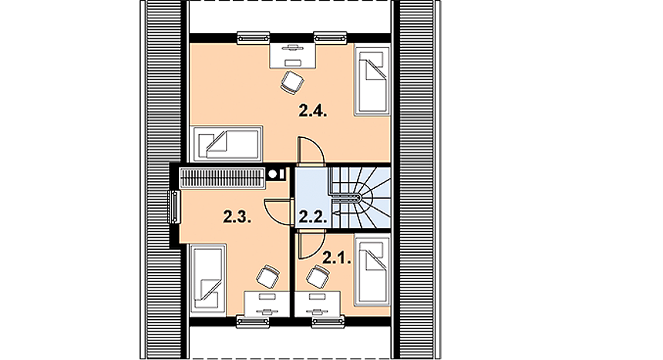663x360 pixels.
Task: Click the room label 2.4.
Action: [313, 112]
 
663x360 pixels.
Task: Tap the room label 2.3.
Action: [237, 217]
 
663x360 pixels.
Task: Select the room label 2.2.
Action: [313, 217]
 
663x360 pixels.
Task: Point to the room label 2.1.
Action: [337, 257]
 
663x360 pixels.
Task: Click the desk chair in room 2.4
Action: [291, 82]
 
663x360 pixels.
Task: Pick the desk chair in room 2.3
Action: [268, 277]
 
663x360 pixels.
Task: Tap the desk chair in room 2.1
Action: [318, 277]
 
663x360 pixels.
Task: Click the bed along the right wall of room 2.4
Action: [372, 80]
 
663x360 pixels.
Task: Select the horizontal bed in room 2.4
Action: [226, 143]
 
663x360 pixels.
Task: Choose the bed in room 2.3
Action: [207, 280]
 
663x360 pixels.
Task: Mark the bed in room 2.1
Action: [372, 271]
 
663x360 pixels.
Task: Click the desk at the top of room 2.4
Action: [293, 55]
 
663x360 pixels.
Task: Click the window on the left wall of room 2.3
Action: [174, 207]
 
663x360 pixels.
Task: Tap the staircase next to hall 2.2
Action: [359, 198]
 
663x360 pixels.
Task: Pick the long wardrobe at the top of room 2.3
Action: [222, 178]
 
